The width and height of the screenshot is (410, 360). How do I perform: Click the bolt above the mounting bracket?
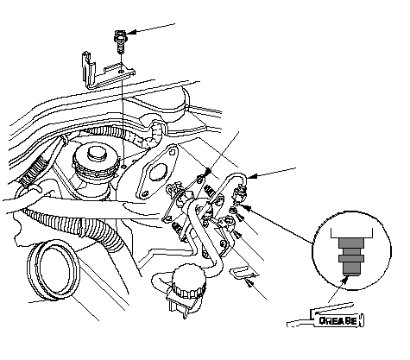point(121,41)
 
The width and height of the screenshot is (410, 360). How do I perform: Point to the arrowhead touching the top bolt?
point(129,33)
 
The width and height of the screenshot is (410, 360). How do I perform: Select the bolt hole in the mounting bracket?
point(122,71)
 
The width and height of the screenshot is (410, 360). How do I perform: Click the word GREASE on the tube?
point(337,320)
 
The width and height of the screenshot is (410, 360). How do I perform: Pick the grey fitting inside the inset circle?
point(351,256)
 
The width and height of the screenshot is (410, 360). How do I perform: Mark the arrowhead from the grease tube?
point(344,281)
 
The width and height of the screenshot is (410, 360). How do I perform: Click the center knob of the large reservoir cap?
point(97,154)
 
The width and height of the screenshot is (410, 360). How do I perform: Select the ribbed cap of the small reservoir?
point(189,281)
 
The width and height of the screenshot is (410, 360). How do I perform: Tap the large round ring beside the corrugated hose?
point(53,270)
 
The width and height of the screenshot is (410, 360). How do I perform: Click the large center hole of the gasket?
point(157,173)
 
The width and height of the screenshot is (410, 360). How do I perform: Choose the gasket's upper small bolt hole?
point(172,151)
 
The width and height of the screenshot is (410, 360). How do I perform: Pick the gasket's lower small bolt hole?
point(144,193)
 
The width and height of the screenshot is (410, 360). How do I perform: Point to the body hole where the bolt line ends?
point(124,166)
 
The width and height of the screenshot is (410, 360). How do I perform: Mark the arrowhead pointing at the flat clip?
point(249,284)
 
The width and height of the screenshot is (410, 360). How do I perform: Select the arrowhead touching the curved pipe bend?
point(249,176)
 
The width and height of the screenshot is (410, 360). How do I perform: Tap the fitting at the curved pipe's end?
point(240,193)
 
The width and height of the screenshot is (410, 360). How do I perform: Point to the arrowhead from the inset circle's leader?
point(247,207)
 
